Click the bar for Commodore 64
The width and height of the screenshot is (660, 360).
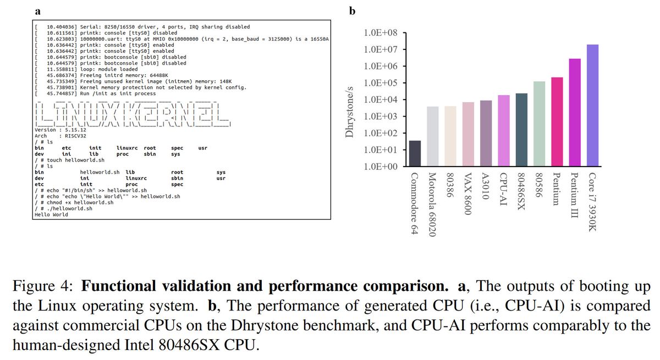point(415,153)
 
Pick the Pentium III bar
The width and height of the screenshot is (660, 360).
point(575,113)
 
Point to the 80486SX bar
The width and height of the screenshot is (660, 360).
point(521,130)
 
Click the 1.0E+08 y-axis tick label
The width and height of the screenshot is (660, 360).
point(381,34)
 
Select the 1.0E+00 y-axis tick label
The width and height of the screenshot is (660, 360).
point(381,167)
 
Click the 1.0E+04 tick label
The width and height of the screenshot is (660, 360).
point(381,100)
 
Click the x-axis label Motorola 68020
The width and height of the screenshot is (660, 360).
point(433,204)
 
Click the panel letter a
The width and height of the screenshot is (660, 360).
point(37,10)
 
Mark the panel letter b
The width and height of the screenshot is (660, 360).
point(353,10)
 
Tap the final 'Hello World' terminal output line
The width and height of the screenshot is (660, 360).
point(51,215)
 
